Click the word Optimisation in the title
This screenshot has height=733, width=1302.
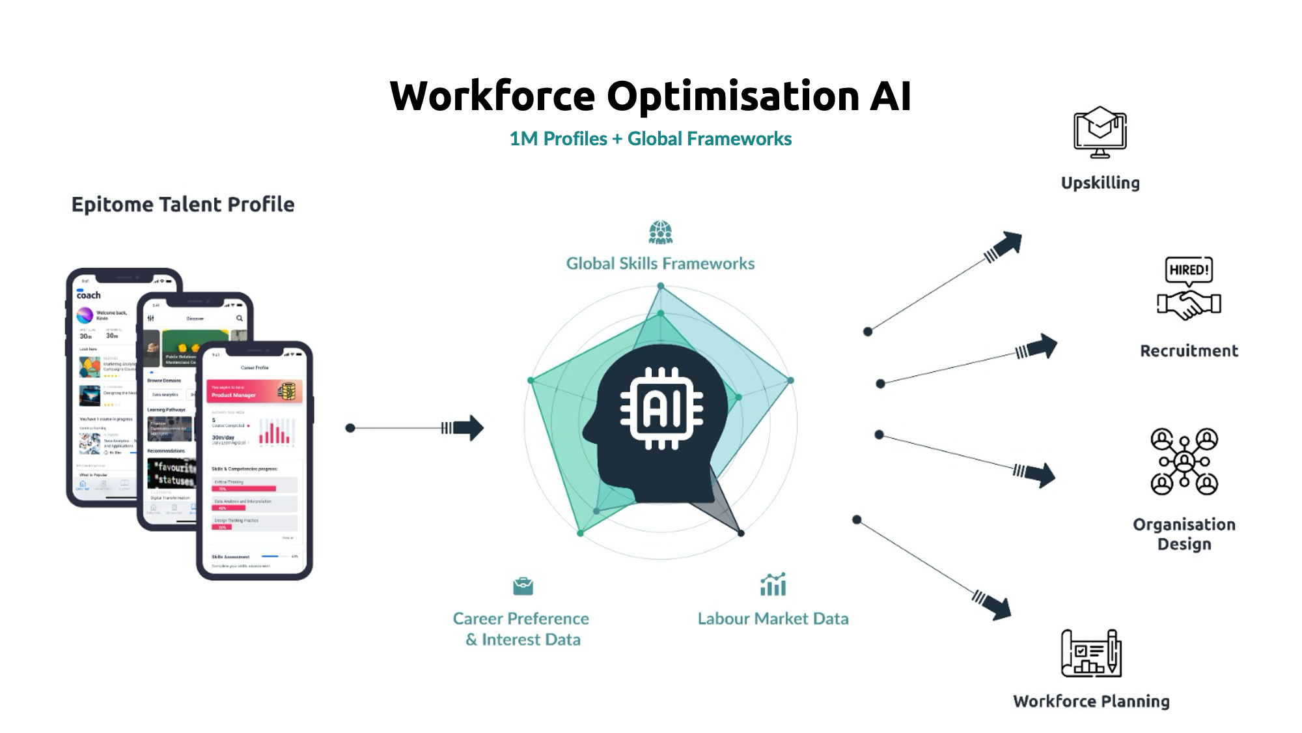[x=733, y=96]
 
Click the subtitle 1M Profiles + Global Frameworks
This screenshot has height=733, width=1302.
[x=650, y=139]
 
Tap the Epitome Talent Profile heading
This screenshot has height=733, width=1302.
[x=183, y=205]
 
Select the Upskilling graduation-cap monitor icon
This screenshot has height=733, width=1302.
[x=1100, y=132]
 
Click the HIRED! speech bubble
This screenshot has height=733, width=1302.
[x=1189, y=270]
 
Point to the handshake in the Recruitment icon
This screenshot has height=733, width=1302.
[x=1189, y=304]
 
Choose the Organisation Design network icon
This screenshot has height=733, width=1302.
[x=1184, y=461]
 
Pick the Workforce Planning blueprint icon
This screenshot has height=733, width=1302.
[x=1092, y=653]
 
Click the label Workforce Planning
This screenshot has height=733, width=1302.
[x=1091, y=702]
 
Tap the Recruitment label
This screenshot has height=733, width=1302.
[x=1189, y=351]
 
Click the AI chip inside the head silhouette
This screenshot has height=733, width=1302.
[x=661, y=409]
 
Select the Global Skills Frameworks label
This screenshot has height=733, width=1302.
[x=660, y=264]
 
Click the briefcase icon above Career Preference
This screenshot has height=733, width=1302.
[x=523, y=586]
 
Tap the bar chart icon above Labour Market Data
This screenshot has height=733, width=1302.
[x=773, y=584]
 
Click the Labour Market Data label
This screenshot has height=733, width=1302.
[x=773, y=619]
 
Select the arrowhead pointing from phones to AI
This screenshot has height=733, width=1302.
[x=470, y=428]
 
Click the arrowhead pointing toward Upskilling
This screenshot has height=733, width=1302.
[x=1009, y=244]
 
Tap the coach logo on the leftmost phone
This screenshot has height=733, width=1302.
[x=89, y=295]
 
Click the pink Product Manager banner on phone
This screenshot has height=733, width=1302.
[x=254, y=392]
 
